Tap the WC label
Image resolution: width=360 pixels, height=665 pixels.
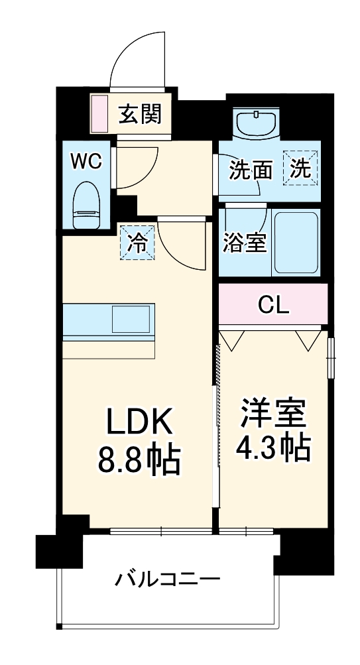coord(86,162)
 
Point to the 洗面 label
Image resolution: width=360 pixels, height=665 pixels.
coord(251,170)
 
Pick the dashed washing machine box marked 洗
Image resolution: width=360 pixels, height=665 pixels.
coord(301,168)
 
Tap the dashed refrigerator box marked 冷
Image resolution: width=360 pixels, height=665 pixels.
coord(137,244)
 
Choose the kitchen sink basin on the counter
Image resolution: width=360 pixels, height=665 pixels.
coord(133,320)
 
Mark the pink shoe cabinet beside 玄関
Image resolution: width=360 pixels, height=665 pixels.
coord(99,113)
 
